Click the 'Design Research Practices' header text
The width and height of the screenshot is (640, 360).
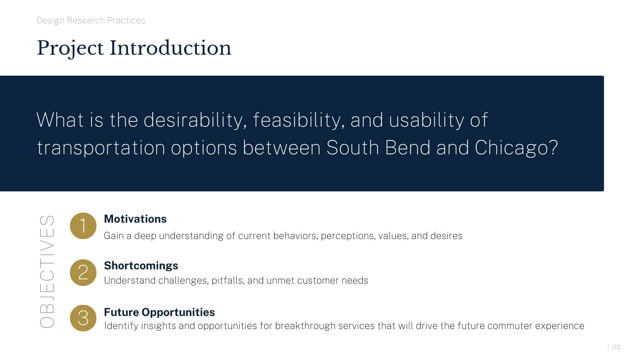pyautogui.click(x=91, y=21)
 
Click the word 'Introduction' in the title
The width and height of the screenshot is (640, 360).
pyautogui.click(x=170, y=48)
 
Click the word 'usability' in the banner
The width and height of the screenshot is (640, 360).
pyautogui.click(x=427, y=120)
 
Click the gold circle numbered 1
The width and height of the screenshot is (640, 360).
pyautogui.click(x=83, y=226)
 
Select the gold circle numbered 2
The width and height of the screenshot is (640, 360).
pyautogui.click(x=83, y=272)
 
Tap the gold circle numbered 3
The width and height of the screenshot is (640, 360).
pyautogui.click(x=83, y=318)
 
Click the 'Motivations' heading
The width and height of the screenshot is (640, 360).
pyautogui.click(x=135, y=219)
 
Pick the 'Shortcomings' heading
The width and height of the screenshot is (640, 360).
pyautogui.click(x=141, y=266)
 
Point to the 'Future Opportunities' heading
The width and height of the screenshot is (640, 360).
pyautogui.click(x=159, y=312)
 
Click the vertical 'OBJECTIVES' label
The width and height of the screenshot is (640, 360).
pyautogui.click(x=47, y=271)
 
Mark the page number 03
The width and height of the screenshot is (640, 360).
pyautogui.click(x=616, y=347)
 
